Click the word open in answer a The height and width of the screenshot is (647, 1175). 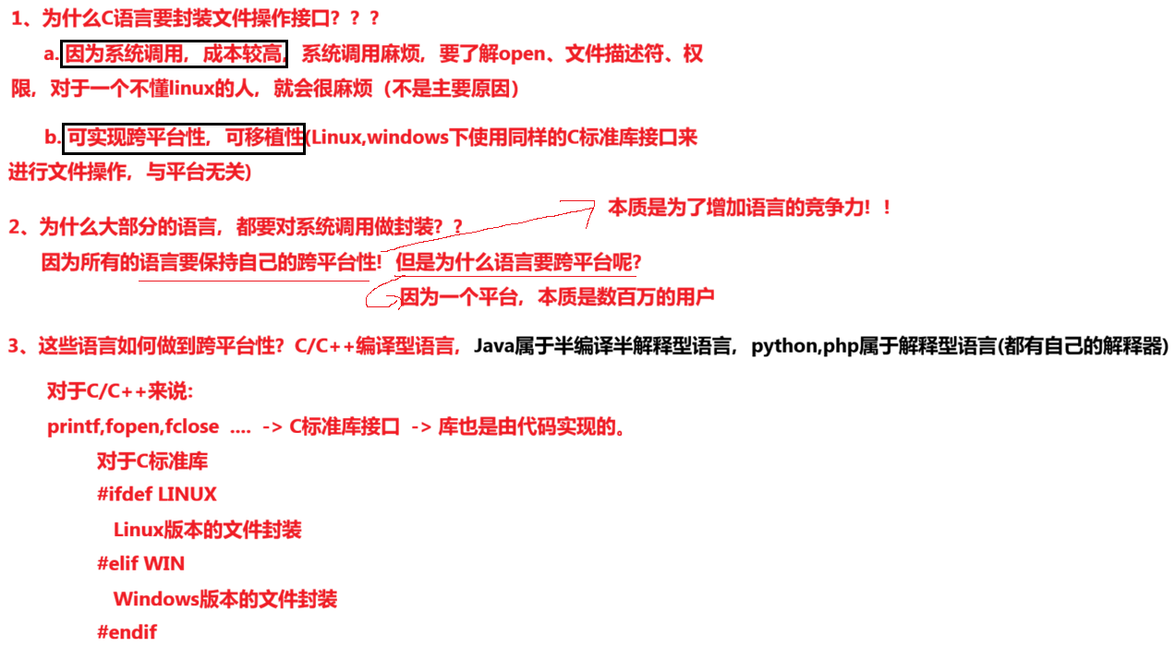523,54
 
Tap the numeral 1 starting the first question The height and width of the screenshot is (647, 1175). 17,18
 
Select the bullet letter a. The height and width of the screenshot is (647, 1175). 50,54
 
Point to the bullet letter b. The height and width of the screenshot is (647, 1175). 51,138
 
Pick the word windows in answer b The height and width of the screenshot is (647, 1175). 407,138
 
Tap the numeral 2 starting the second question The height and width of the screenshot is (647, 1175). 14,227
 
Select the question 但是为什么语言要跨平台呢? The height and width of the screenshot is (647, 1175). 518,263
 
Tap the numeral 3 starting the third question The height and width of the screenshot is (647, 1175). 14,346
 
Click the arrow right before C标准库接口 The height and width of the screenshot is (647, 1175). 272,427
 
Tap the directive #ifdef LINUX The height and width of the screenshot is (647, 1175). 156,495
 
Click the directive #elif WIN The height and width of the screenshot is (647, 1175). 140,563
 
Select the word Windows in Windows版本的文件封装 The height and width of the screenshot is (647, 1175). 155,599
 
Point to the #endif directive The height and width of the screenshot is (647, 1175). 127,632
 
